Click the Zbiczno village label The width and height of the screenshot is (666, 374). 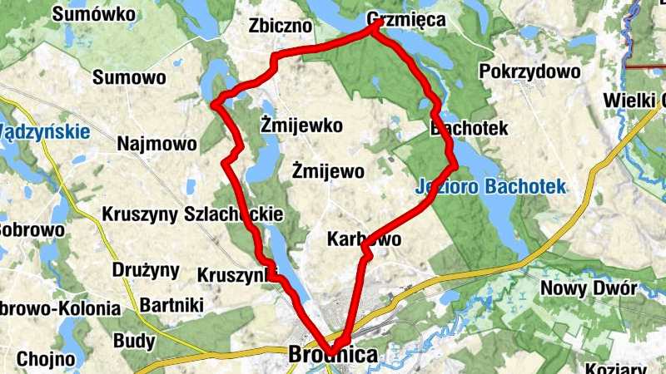pyautogui.click(x=280, y=27)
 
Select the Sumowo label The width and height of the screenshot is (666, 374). pyautogui.click(x=129, y=78)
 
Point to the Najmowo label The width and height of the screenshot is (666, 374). pyautogui.click(x=157, y=144)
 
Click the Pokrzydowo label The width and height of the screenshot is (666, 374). pyautogui.click(x=529, y=71)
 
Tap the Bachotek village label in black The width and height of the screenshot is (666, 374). pyautogui.click(x=469, y=129)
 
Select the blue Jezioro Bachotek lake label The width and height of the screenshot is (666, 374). pyautogui.click(x=490, y=186)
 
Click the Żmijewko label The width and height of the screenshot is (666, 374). pyautogui.click(x=301, y=127)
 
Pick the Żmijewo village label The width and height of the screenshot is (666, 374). pyautogui.click(x=329, y=171)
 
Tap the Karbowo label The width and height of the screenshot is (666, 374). pyautogui.click(x=365, y=240)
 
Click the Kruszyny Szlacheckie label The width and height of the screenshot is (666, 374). pyautogui.click(x=192, y=214)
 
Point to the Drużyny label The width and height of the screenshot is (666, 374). pyautogui.click(x=146, y=269)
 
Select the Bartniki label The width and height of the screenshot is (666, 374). pyautogui.click(x=172, y=304)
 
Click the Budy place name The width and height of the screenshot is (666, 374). pyautogui.click(x=133, y=341)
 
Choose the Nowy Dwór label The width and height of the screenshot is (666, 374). pyautogui.click(x=589, y=288)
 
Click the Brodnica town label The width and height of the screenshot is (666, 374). pyautogui.click(x=332, y=356)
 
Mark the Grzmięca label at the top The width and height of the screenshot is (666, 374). pyautogui.click(x=406, y=20)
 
